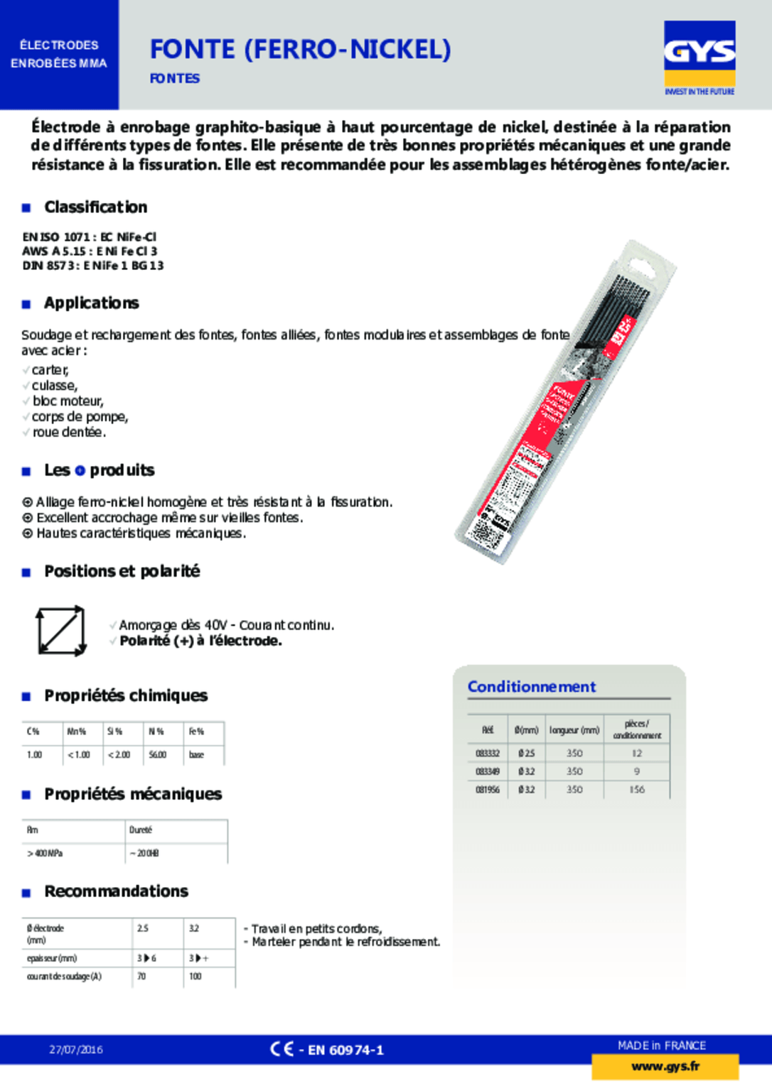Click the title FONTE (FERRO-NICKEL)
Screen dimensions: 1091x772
tap(300, 49)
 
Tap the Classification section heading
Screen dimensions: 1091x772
tap(95, 207)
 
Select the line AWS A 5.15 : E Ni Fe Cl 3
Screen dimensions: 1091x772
tap(90, 251)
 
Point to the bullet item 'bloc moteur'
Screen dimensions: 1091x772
tap(68, 401)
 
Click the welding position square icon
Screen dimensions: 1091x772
tap(60, 630)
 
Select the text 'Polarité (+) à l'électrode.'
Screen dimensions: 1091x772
tap(200, 641)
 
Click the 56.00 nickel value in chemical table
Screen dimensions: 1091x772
tap(157, 754)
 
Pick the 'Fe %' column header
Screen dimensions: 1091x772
tap(196, 731)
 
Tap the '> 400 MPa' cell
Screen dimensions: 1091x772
tap(45, 853)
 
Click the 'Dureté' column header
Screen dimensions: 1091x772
tap(141, 830)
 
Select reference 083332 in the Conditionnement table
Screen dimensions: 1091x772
tap(488, 753)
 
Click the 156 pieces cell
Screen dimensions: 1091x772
tap(636, 789)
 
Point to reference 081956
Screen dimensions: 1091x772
tap(488, 789)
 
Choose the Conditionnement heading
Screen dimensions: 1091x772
tap(531, 686)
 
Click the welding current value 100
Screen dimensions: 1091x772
tap(195, 977)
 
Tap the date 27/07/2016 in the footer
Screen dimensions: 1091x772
tap(76, 1049)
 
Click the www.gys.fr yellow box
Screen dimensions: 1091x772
tap(665, 1066)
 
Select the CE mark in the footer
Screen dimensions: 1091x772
tap(282, 1049)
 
